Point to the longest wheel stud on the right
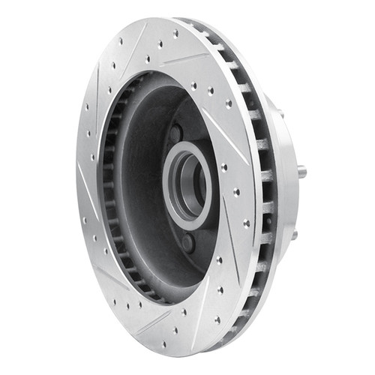pyautogui.click(x=301, y=172)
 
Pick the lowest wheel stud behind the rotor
pyautogui.click(x=294, y=235)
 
